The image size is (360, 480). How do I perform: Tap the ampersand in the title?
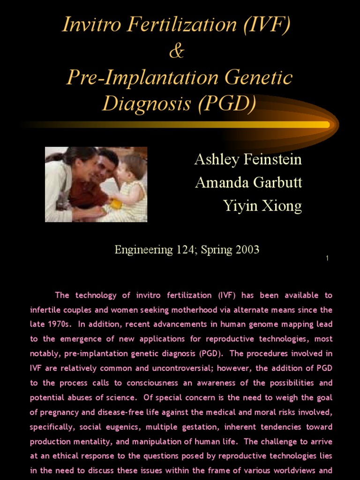pyautogui.click(x=176, y=51)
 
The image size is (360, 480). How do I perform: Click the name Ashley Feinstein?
pyautogui.click(x=248, y=160)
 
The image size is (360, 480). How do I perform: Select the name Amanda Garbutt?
pyautogui.click(x=248, y=182)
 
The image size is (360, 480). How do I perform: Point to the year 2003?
pyautogui.click(x=247, y=250)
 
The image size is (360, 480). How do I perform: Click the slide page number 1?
pyautogui.click(x=327, y=258)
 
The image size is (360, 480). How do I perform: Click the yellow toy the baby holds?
pyautogui.click(x=115, y=203)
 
